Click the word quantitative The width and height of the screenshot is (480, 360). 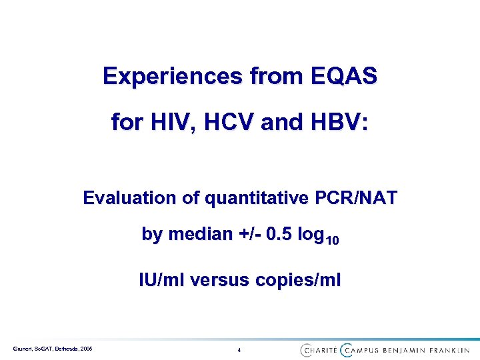click(x=251, y=198)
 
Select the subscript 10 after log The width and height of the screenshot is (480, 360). click(x=332, y=240)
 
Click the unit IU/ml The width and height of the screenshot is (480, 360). click(x=161, y=280)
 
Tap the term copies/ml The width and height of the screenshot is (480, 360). click(x=301, y=280)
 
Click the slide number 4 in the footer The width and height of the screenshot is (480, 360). click(x=239, y=350)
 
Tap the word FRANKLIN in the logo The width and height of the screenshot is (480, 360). click(x=449, y=349)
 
